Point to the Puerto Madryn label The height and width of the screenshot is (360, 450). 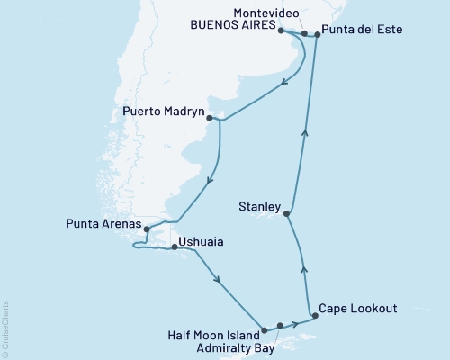(x=161, y=113)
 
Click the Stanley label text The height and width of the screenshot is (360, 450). (x=259, y=206)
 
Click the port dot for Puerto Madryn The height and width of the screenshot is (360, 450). (x=209, y=117)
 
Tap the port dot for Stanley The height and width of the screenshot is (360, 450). (x=287, y=213)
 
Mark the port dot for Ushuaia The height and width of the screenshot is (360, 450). (x=175, y=245)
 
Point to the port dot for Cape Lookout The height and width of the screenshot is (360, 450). (x=314, y=315)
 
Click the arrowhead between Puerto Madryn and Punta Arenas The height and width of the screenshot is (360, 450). (x=209, y=181)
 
